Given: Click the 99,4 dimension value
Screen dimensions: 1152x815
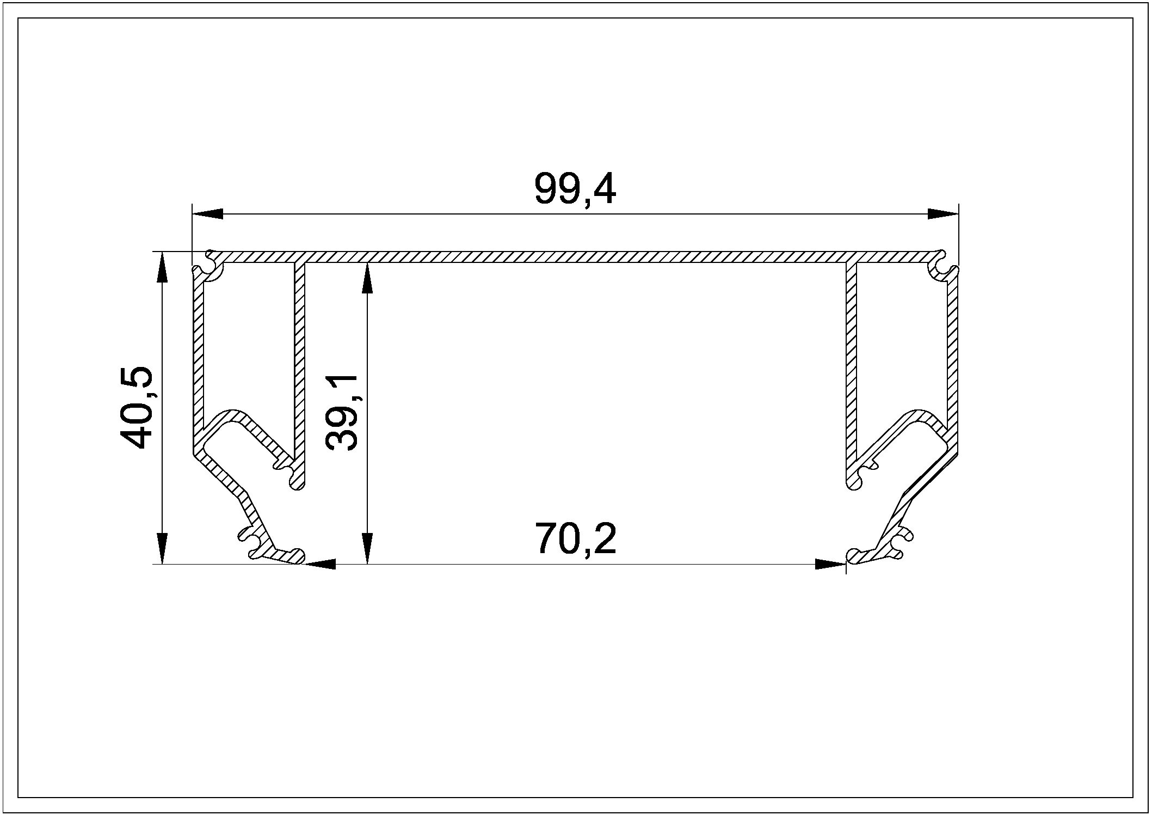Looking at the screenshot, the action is [x=575, y=189].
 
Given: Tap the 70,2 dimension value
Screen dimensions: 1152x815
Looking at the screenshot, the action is [x=576, y=538].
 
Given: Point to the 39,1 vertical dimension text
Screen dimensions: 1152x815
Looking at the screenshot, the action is [x=342, y=413].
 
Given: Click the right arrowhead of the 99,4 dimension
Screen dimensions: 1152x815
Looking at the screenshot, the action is [x=943, y=214].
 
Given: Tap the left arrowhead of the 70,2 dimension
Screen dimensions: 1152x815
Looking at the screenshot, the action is [x=319, y=564].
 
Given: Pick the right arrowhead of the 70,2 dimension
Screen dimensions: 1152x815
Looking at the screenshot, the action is [x=830, y=564].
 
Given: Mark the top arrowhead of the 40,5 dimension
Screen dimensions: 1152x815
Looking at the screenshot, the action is [x=162, y=267].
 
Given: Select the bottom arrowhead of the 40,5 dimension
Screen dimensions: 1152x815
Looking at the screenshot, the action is [x=162, y=549].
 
